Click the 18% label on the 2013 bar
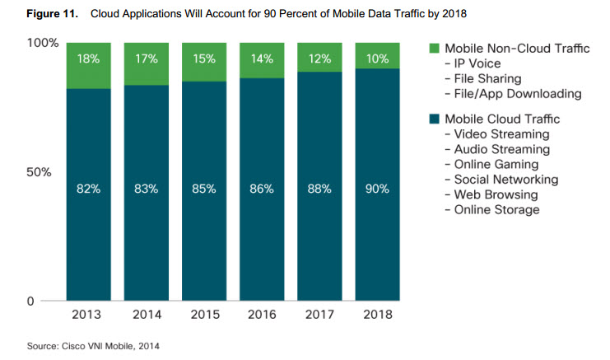[88, 59]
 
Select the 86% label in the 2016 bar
[261, 189]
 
